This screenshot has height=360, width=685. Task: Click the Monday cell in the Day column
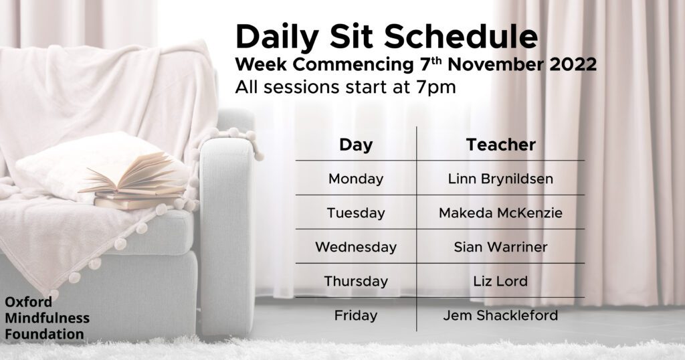click(356, 179)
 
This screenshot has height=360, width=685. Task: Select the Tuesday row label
click(356, 213)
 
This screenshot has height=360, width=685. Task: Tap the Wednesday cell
click(356, 248)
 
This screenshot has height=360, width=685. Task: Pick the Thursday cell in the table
click(356, 281)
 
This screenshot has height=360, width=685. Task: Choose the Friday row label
click(356, 315)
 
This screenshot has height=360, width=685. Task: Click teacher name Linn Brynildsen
click(500, 179)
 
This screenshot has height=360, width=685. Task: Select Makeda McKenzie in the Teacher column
click(500, 213)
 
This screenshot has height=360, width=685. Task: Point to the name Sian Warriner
click(500, 248)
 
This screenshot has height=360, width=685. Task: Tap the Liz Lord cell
click(500, 281)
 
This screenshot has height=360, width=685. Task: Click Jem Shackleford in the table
click(500, 315)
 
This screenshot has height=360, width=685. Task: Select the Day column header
click(356, 145)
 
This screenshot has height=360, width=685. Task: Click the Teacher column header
click(500, 145)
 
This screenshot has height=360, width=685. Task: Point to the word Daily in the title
click(277, 38)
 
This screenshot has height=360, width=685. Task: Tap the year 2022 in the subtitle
click(573, 65)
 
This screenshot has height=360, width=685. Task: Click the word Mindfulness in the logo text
click(47, 318)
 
